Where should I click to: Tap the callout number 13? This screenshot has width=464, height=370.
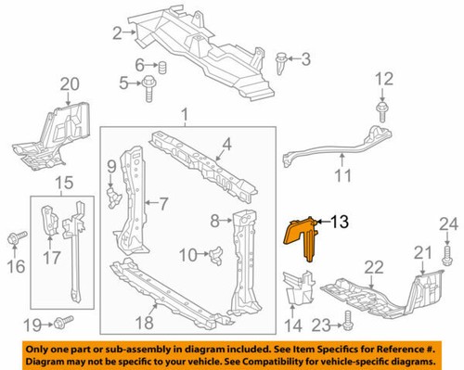(x=340, y=222)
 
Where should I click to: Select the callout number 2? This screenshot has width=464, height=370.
(x=118, y=34)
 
